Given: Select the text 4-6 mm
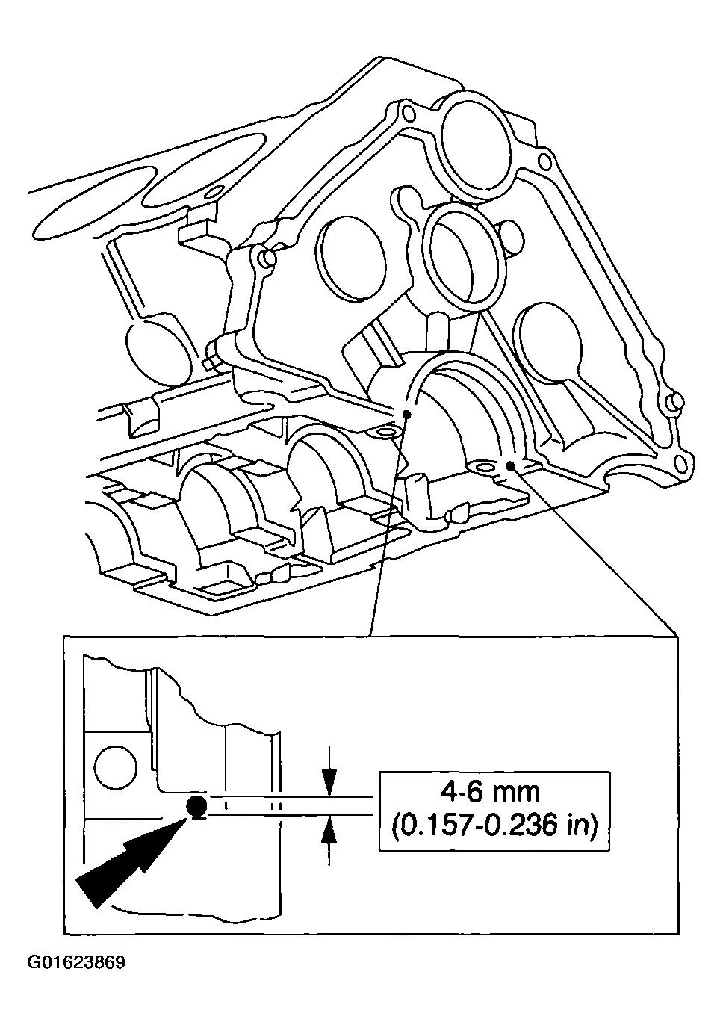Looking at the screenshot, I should click(491, 790).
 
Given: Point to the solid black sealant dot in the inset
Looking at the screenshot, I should click(196, 805).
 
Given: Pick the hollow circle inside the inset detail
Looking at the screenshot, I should click(116, 767).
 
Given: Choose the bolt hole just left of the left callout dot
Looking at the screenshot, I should click(386, 433).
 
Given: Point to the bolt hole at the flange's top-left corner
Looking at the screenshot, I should click(406, 114).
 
